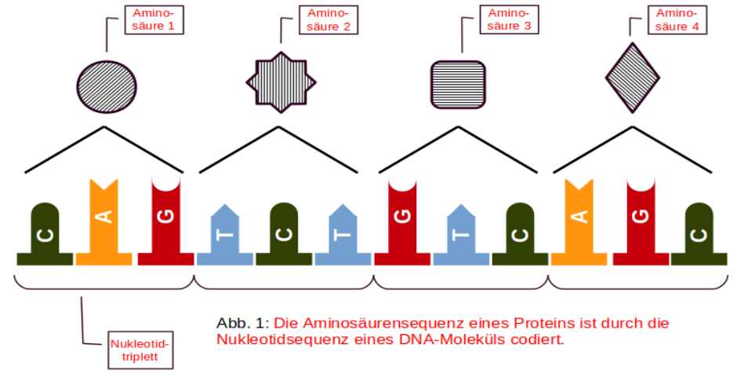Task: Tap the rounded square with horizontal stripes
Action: (x=458, y=82)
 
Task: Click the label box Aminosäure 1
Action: (x=154, y=20)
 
